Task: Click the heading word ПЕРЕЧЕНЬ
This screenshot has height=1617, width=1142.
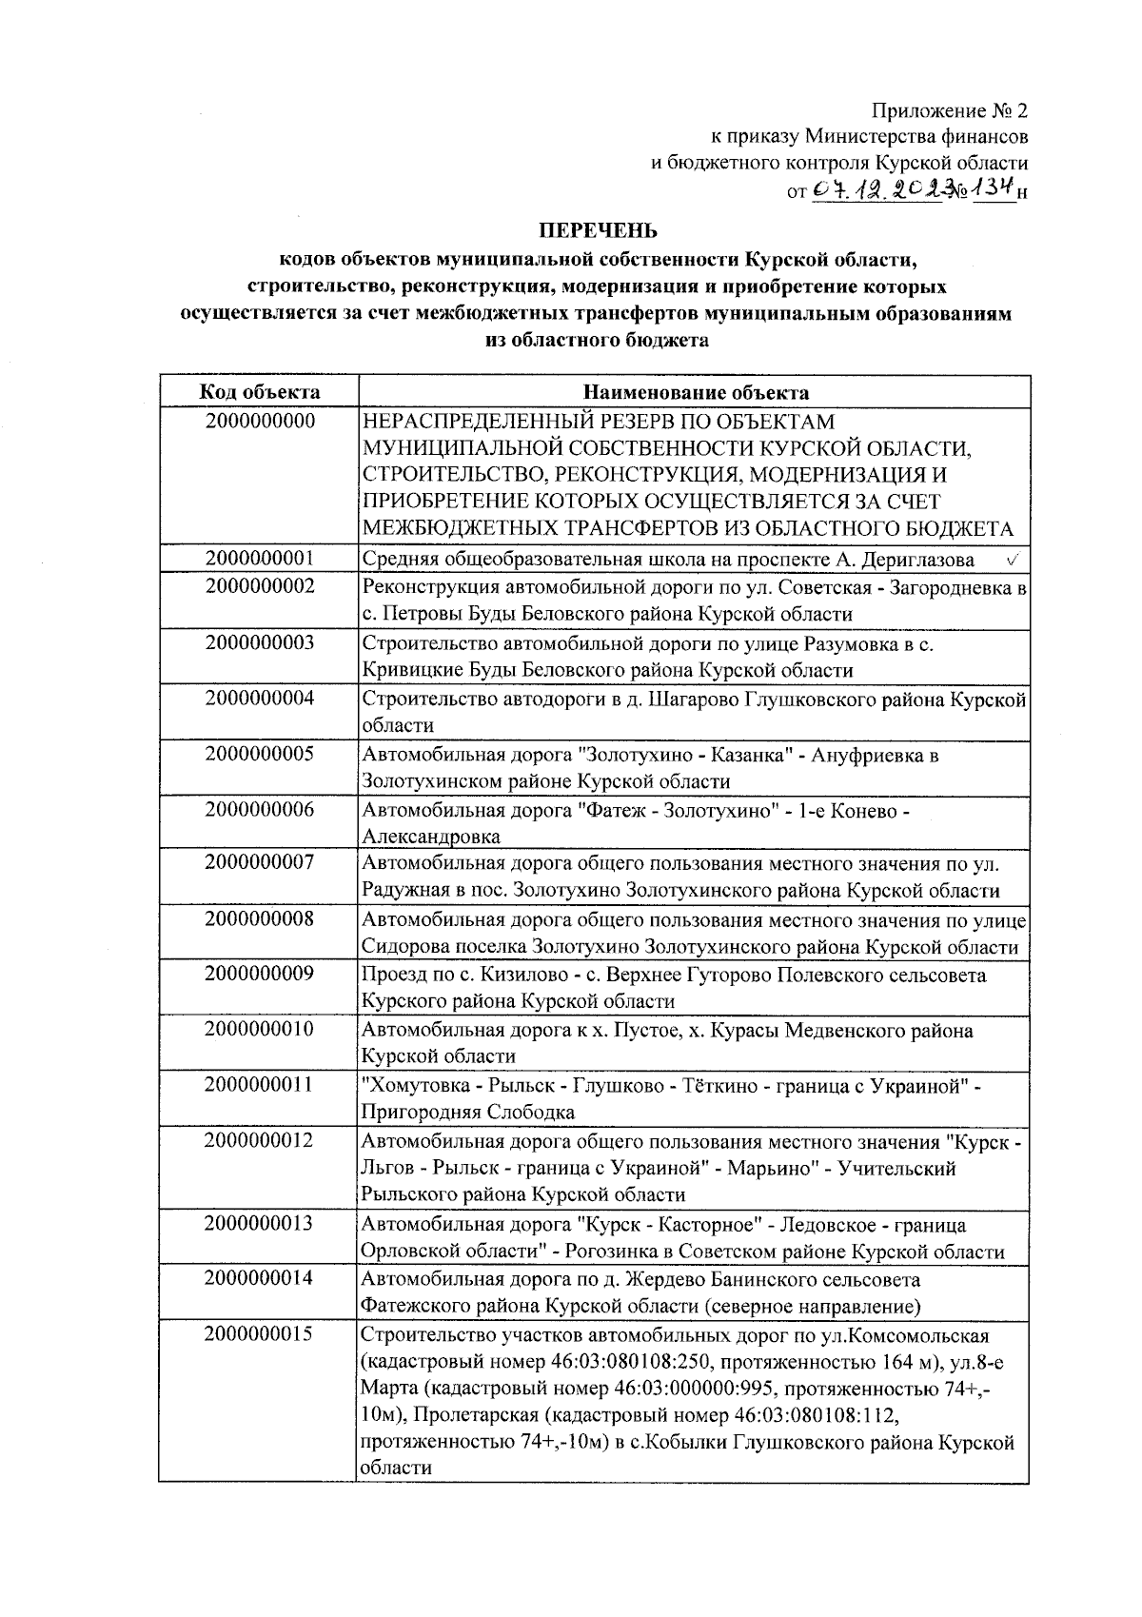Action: [599, 230]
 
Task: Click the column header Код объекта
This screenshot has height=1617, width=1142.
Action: [259, 392]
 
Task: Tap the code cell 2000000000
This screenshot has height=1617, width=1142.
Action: [259, 421]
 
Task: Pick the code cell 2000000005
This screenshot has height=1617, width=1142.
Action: [259, 755]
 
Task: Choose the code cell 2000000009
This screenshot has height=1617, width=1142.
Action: [259, 975]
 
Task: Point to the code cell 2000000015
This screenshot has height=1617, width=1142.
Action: [259, 1335]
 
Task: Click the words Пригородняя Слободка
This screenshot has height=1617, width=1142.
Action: [467, 1112]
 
